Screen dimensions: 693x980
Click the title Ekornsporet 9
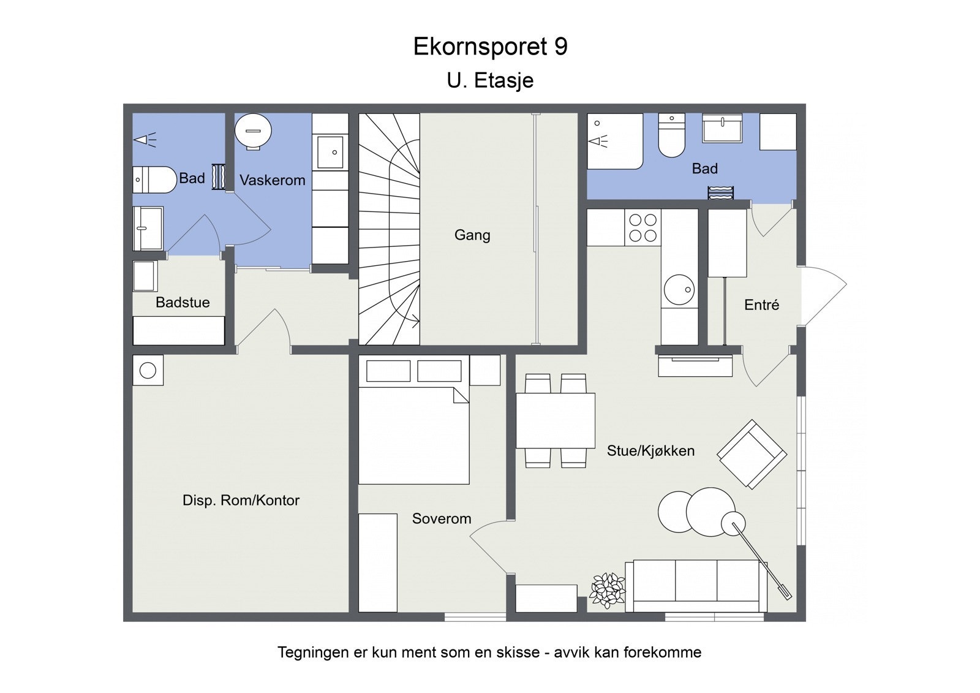tap(490, 47)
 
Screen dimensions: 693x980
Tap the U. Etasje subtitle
tap(490, 80)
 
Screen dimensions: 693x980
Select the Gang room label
tap(472, 235)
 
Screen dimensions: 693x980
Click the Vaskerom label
tap(272, 180)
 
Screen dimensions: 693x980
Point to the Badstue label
tap(183, 302)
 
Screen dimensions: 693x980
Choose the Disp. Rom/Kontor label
tap(241, 500)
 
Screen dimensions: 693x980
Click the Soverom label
tap(441, 518)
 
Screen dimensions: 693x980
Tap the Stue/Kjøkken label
tap(650, 451)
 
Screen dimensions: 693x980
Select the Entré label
tap(761, 305)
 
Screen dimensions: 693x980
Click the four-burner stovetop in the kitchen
tap(643, 227)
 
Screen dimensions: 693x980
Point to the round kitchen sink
tap(679, 289)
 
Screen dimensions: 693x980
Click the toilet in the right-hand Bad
tap(671, 136)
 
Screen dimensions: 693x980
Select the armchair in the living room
tap(752, 454)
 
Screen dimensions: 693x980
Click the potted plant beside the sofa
tap(608, 590)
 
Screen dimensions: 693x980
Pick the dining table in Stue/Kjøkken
tap(556, 420)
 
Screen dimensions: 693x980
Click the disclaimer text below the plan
tap(489, 652)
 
